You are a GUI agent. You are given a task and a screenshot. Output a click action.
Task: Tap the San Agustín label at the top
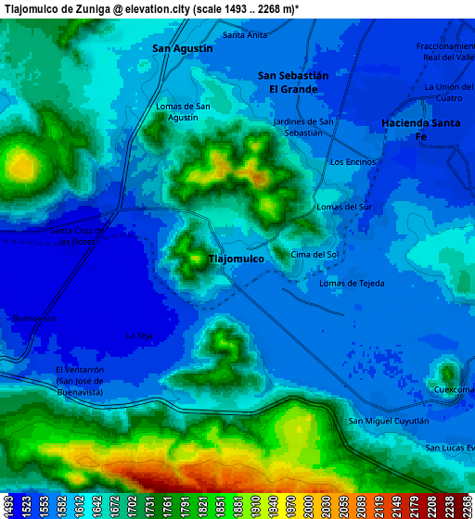pos(183,48)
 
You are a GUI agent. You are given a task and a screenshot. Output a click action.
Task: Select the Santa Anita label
pos(245,35)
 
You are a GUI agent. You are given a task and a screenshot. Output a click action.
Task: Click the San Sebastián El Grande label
pos(293,82)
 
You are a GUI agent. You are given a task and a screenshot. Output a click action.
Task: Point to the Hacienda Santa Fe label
pos(420,129)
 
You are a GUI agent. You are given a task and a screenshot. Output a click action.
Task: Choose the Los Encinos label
pos(353,162)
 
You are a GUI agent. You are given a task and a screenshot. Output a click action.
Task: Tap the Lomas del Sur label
pos(344,207)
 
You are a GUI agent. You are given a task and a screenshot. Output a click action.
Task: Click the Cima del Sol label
pos(315,254)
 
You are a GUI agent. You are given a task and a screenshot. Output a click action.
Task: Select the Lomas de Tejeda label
pos(352,284)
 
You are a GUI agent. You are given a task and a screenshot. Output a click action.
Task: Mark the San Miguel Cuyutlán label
pos(389,421)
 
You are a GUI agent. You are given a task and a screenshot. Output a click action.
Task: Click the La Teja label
pos(138,335)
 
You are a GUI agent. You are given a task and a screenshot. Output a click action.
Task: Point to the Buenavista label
pos(34,318)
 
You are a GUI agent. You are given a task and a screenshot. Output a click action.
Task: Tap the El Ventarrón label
pos(80,369)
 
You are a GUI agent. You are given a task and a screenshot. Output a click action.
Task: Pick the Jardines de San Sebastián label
pos(303,127)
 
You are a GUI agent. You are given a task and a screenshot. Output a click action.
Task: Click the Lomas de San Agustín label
pos(183,112)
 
